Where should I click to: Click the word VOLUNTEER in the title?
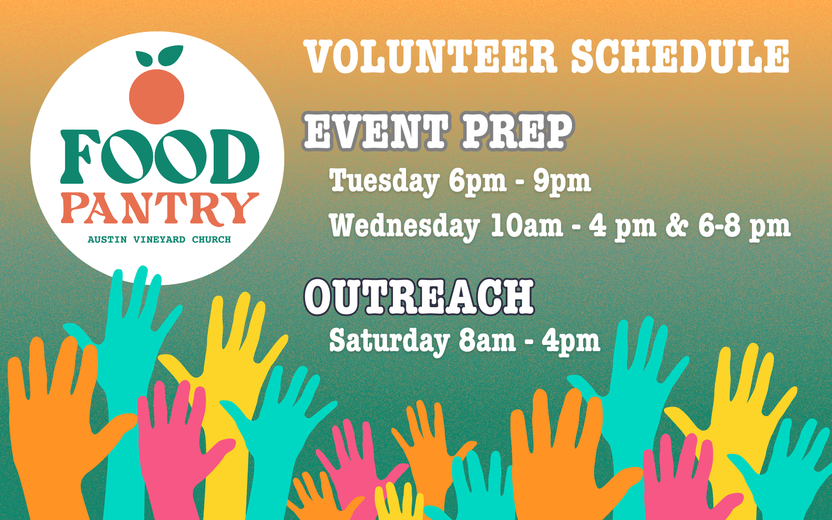pyautogui.click(x=431, y=56)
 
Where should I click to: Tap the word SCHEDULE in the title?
pyautogui.click(x=680, y=56)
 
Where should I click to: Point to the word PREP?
pyautogui.click(x=517, y=131)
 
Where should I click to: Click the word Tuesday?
pyautogui.click(x=384, y=181)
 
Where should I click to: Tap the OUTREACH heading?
pyautogui.click(x=419, y=297)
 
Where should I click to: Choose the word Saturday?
pyautogui.click(x=389, y=341)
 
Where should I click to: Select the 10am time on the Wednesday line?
pyautogui.click(x=526, y=225)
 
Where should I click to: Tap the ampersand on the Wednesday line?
pyautogui.click(x=677, y=225)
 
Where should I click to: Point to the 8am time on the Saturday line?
pyautogui.click(x=487, y=341)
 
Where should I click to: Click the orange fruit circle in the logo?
pyautogui.click(x=156, y=96)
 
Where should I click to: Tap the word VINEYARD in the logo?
pyautogui.click(x=159, y=240)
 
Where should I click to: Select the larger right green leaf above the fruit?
pyautogui.click(x=170, y=56)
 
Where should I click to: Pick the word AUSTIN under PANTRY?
pyautogui.click(x=107, y=240)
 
